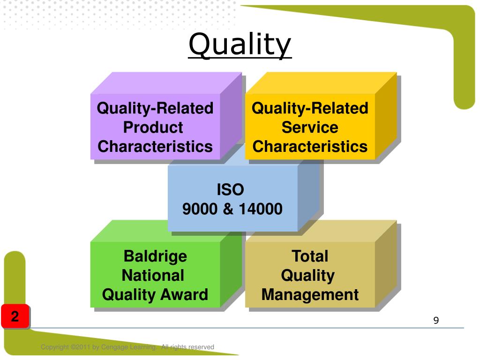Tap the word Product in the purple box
153,127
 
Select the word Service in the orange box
310,127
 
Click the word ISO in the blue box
230,190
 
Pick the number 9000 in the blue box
201,209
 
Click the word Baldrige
155,256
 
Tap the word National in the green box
153,275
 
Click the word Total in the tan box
310,256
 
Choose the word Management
310,295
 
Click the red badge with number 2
15,316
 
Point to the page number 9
436,321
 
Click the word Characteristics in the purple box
155,147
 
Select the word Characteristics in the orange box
310,147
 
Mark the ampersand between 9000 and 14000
228,209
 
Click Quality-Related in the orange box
310,108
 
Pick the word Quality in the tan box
307,276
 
